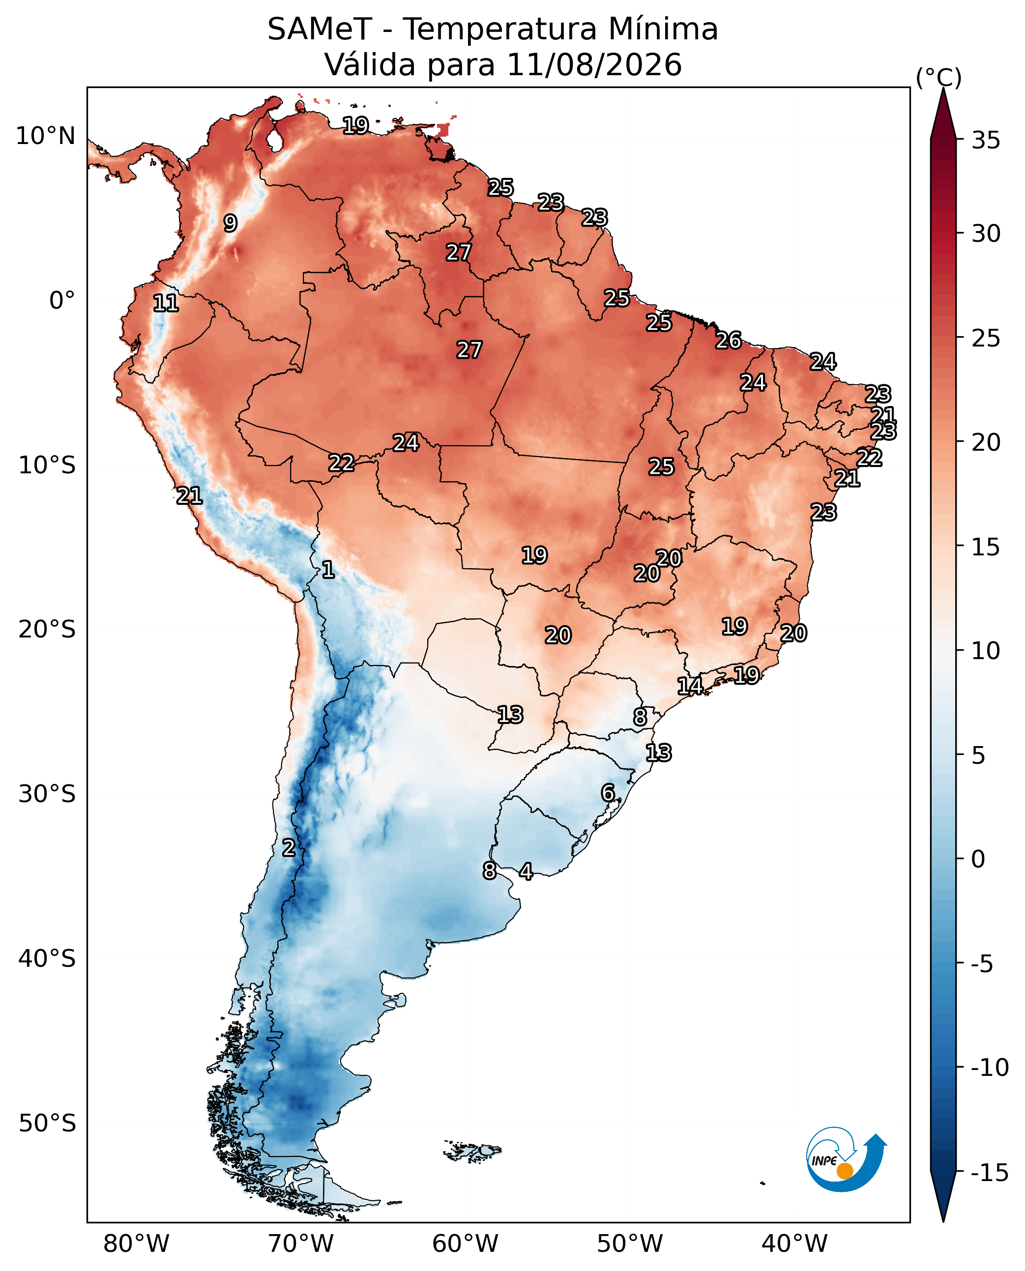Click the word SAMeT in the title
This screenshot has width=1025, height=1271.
coord(320,29)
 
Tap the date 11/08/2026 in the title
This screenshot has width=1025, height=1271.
coord(594,64)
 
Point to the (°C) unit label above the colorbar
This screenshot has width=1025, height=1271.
coord(939,77)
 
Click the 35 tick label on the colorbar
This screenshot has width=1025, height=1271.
coord(986,141)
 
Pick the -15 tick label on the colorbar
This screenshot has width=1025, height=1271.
coord(990,1173)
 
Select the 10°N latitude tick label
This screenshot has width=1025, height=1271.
coord(45,136)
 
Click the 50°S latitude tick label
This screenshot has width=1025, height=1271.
coord(47,1123)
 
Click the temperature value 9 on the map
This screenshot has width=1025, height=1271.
coord(230,223)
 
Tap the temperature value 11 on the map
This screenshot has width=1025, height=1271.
coord(166,303)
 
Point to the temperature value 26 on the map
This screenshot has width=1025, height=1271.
coord(729,340)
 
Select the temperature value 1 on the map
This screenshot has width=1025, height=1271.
coord(328,569)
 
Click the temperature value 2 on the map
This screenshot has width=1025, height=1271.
coord(289,847)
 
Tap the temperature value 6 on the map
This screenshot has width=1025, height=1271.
coord(608,792)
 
